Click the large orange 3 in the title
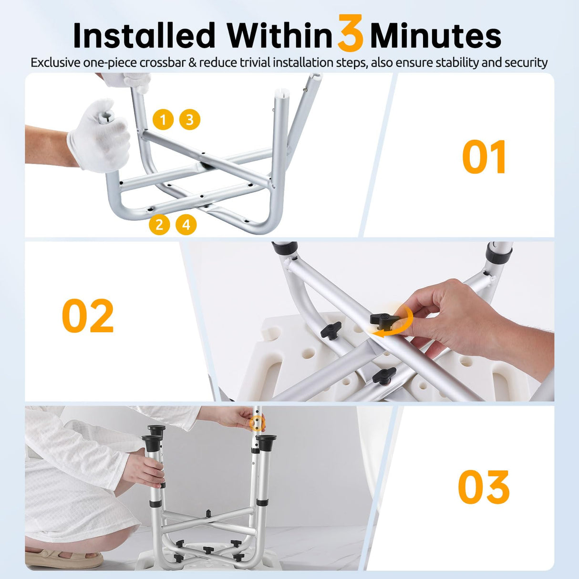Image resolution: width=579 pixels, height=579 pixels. click(x=351, y=33)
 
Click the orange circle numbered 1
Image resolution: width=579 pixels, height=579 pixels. click(x=163, y=119)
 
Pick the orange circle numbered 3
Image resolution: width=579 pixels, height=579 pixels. click(x=190, y=119)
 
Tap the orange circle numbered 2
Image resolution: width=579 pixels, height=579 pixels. click(x=159, y=224)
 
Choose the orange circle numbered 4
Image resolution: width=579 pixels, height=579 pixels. click(x=186, y=224)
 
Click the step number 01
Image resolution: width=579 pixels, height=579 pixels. click(x=484, y=158)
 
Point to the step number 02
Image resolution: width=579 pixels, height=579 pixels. click(x=88, y=316)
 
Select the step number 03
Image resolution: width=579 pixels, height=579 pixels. click(x=484, y=487)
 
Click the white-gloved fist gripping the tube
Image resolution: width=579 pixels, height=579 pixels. click(x=100, y=136)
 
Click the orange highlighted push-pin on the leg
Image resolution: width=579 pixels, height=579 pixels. click(x=258, y=422)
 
